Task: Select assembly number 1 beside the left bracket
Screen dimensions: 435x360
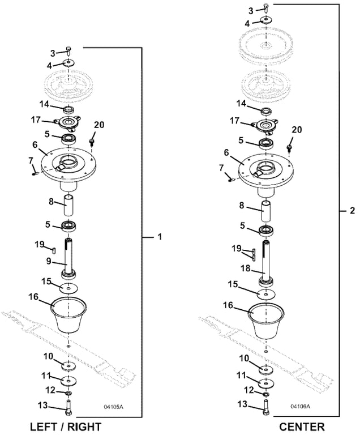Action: (x=160, y=236)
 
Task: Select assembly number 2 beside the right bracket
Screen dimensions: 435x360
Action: (x=352, y=211)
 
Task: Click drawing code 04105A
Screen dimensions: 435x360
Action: (x=113, y=407)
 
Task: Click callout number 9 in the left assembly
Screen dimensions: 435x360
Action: (x=49, y=261)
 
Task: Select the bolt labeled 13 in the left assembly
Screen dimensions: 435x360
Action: (x=69, y=407)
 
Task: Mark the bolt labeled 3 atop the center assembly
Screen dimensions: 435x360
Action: (x=265, y=8)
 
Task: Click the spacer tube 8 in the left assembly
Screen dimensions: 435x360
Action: (x=69, y=203)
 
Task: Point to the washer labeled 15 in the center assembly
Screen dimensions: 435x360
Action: (x=264, y=295)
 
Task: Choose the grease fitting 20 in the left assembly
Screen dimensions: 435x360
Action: (x=93, y=138)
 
